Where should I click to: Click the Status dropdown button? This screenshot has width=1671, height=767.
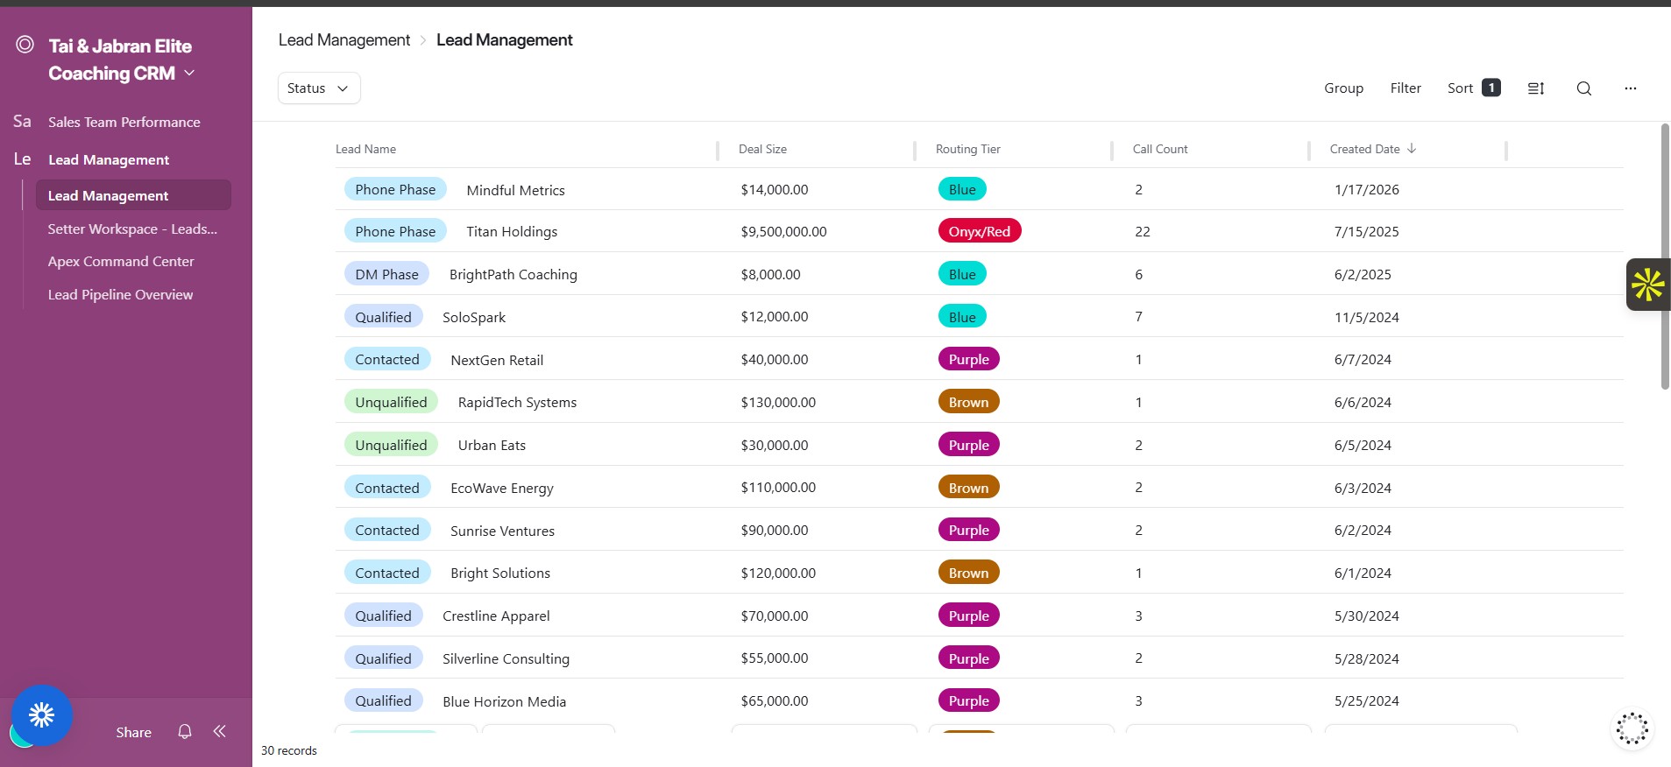tap(319, 88)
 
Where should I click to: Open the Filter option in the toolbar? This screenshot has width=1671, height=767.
tap(1405, 88)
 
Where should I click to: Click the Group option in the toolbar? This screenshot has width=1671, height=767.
tap(1343, 88)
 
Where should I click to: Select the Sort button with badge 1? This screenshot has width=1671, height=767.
tap(1473, 88)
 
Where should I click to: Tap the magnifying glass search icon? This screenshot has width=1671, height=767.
tap(1583, 88)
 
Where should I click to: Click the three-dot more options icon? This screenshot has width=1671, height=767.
tap(1630, 88)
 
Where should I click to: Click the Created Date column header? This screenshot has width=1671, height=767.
tap(1364, 150)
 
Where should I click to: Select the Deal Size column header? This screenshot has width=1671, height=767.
tap(762, 150)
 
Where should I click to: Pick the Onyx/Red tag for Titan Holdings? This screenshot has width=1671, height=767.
tap(979, 232)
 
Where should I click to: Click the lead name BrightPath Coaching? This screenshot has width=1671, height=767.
tap(513, 275)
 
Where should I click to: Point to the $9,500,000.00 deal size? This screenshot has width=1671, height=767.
tap(783, 232)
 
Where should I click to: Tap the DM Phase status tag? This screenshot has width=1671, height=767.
tap(386, 275)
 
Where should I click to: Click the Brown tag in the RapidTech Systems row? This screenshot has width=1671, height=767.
tap(968, 403)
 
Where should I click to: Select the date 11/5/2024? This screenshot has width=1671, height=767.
tap(1366, 318)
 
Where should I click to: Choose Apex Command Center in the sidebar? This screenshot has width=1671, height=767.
tap(121, 262)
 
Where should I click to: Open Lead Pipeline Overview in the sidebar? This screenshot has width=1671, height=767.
tap(120, 295)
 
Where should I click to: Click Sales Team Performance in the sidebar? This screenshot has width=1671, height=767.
tap(124, 123)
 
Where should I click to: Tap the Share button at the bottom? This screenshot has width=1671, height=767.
tap(133, 733)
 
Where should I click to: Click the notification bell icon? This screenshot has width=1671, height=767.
tap(185, 732)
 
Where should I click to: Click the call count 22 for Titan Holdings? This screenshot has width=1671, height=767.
tap(1142, 232)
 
